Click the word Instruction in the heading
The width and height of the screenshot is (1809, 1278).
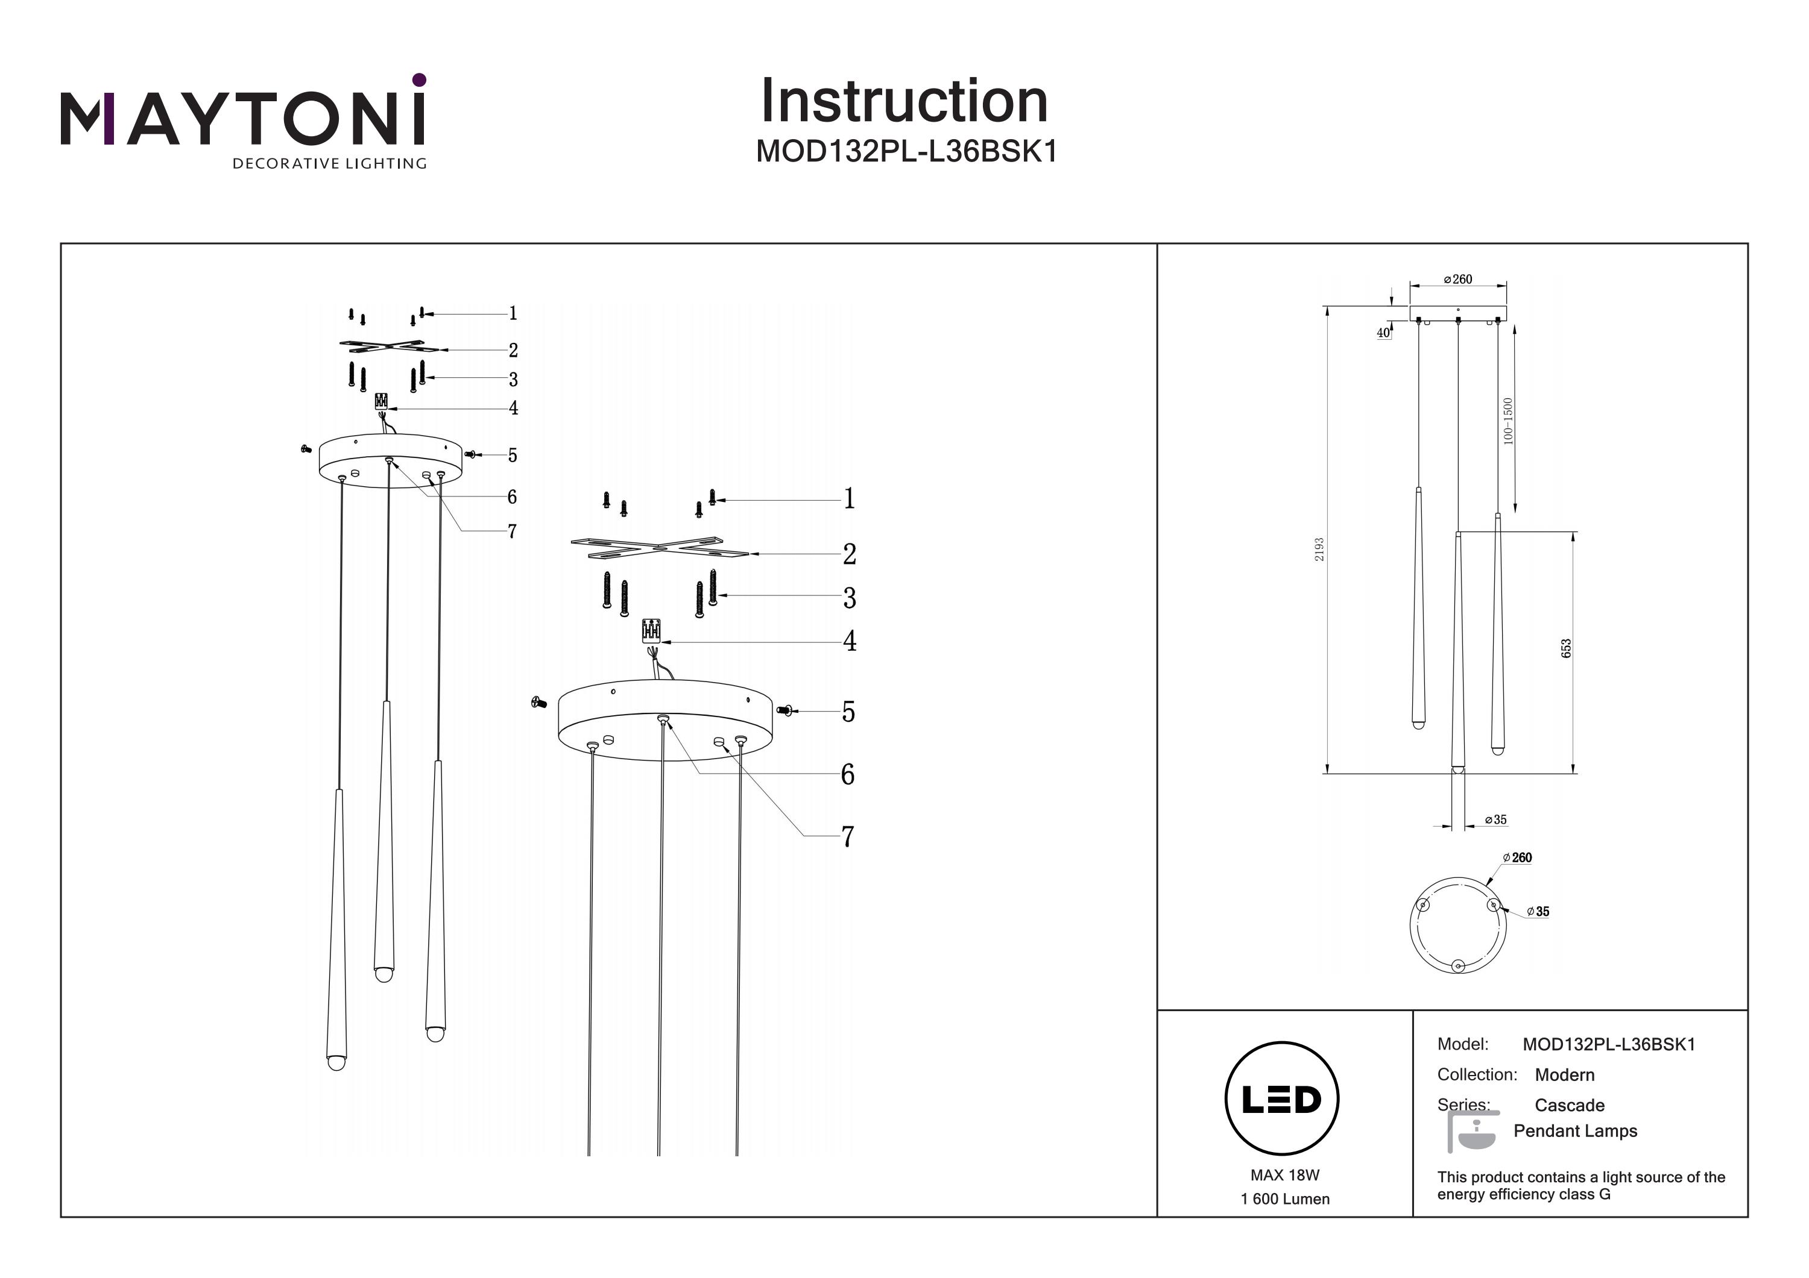904,102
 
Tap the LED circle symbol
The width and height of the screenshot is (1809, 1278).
1282,1099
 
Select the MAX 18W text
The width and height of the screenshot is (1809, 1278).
1284,1175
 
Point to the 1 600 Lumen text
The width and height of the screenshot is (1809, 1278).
1284,1199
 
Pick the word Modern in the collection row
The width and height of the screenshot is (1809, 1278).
1564,1075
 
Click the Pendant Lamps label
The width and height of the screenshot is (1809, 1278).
1575,1131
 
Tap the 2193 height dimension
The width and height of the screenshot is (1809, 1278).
1319,550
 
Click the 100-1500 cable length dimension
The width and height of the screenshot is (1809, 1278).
1508,421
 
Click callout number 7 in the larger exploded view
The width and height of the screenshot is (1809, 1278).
848,837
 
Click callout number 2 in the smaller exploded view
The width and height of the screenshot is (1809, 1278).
513,349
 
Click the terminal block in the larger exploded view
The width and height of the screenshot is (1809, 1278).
651,631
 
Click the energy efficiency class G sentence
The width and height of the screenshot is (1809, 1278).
1580,1185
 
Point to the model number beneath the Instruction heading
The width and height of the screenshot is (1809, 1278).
906,151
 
